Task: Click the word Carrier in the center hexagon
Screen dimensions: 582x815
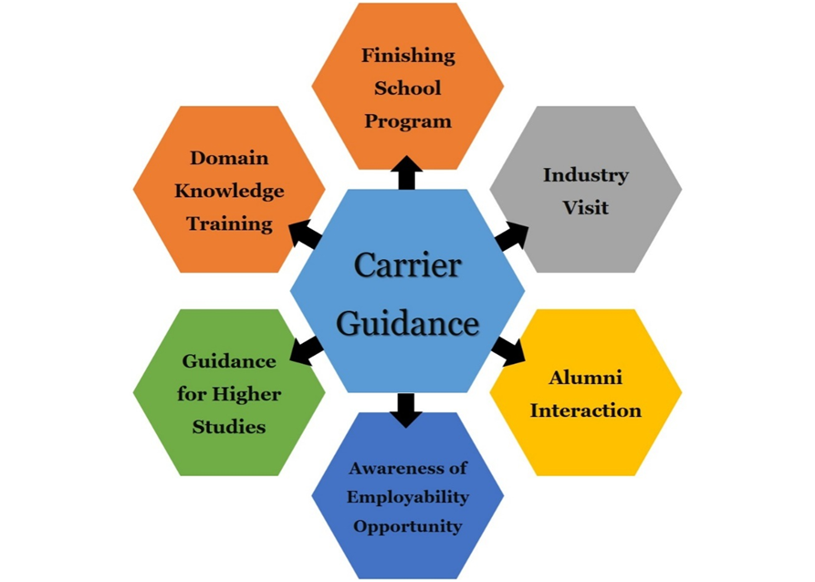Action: (x=407, y=266)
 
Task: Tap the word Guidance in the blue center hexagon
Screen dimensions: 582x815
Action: (x=407, y=323)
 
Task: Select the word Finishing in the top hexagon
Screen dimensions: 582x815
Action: (x=407, y=55)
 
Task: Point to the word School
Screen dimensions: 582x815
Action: (x=407, y=88)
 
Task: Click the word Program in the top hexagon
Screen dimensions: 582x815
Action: (x=407, y=120)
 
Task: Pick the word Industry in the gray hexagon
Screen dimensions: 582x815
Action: (x=585, y=174)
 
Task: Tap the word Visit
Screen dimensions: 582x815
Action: (x=585, y=207)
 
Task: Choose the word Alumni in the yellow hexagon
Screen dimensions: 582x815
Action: (x=585, y=377)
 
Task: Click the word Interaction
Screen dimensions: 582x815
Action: (x=585, y=410)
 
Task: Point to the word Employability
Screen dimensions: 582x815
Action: (x=407, y=497)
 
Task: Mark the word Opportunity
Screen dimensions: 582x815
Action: (x=407, y=526)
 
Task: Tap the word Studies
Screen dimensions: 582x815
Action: (x=229, y=426)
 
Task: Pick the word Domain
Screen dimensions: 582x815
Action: (x=229, y=158)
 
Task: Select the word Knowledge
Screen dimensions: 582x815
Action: (x=229, y=191)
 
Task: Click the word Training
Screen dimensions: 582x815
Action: (x=229, y=223)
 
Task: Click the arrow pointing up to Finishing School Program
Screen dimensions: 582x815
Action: (x=407, y=171)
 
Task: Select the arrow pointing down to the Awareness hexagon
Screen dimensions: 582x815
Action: (x=407, y=411)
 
